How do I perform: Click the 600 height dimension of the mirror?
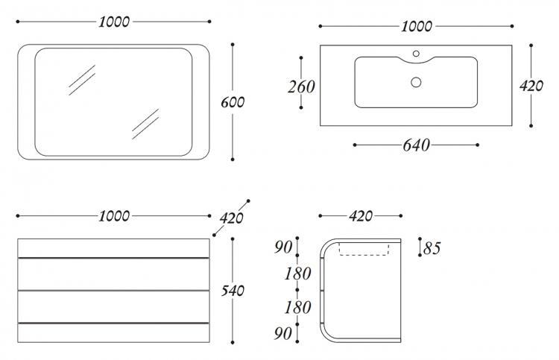pos(233,102)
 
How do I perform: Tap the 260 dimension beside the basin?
pos(301,87)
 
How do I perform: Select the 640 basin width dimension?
pos(416,145)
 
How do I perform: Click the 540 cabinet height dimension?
pos(233,291)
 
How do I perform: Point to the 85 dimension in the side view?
pos(432,247)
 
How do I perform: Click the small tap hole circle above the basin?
pos(416,54)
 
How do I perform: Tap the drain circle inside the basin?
pos(416,82)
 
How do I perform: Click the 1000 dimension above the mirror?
pos(114,22)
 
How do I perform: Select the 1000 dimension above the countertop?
pos(417,26)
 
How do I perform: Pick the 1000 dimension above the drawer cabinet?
pos(114,216)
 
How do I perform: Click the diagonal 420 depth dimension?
pos(231,218)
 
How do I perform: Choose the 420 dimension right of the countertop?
pos(531,86)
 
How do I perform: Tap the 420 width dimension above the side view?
pos(361,216)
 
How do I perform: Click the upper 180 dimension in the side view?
pos(297,274)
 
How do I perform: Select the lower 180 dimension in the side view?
pos(297,307)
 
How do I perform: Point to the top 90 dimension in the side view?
pos(283,247)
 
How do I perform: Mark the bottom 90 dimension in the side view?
pos(283,333)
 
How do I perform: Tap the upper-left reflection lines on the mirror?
pos(82,80)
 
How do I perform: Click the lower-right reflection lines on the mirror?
pos(145,124)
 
